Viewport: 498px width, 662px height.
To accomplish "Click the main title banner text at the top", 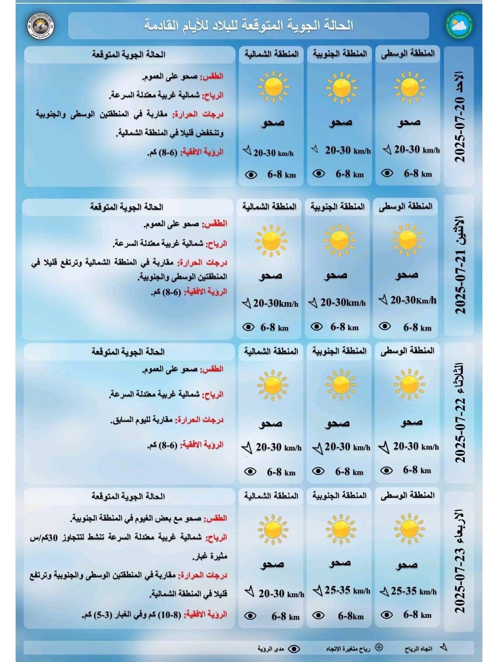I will (249, 25).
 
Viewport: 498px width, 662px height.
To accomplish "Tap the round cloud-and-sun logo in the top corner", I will (459, 25).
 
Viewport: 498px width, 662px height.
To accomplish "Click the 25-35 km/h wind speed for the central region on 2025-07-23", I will (413, 591).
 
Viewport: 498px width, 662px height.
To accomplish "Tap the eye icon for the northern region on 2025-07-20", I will (250, 175).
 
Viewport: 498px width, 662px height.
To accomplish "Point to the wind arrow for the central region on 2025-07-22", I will (384, 447).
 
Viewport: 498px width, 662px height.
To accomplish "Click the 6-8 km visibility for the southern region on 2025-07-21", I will (344, 327).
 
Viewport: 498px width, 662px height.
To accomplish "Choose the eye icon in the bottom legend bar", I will (294, 649).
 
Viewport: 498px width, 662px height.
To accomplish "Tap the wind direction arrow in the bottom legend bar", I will (444, 647).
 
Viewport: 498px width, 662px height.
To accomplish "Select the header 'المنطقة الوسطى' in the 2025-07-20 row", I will (408, 53).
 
